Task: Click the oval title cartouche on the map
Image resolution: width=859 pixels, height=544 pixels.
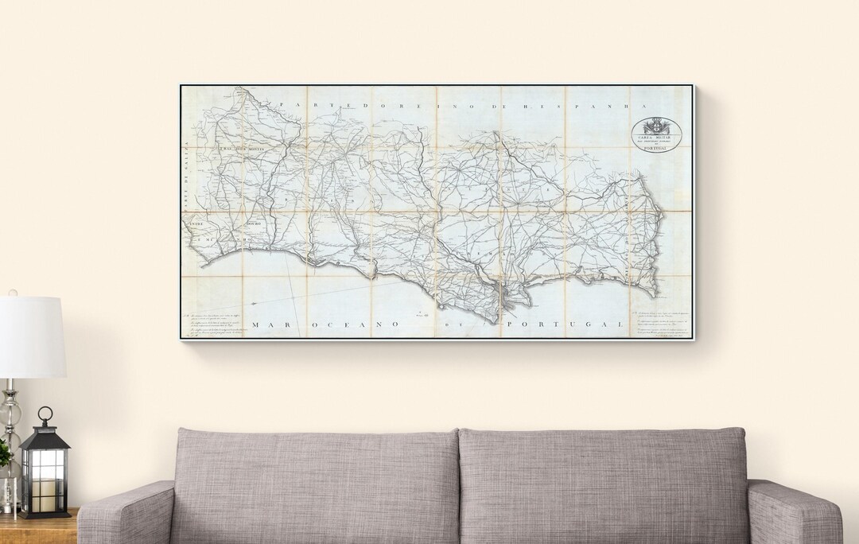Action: tap(657, 132)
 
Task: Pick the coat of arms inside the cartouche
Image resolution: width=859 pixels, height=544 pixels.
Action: tap(657, 125)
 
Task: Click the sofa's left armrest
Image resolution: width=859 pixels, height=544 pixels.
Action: tap(127, 513)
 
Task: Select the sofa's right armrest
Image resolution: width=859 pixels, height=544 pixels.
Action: tap(792, 513)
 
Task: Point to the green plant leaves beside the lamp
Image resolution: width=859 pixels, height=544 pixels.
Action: tap(4, 453)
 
